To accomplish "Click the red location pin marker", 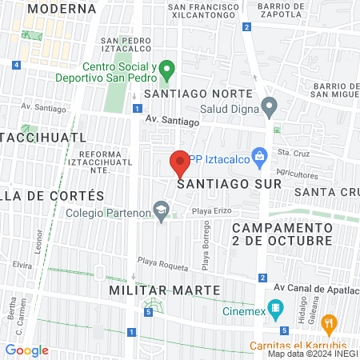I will tap(180, 163).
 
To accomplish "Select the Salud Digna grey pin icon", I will tap(270, 105).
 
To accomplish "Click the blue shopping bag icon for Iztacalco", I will tap(258, 155).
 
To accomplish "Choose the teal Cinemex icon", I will tap(275, 307).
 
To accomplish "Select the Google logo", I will tap(26, 350).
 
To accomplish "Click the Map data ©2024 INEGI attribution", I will tap(313, 354).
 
